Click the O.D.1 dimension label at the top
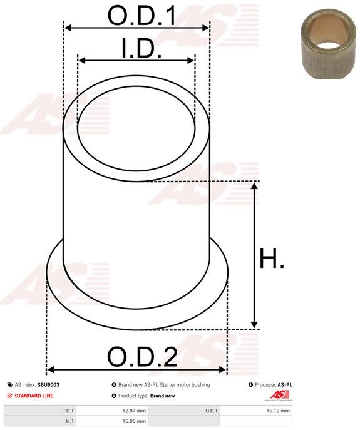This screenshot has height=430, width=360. (x=142, y=16)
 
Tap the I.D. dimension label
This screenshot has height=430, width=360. (x=141, y=48)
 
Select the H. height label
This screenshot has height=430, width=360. (x=272, y=258)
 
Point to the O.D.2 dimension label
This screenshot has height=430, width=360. (x=142, y=357)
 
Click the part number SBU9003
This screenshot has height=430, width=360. (x=48, y=385)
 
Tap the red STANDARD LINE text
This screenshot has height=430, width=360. (x=34, y=396)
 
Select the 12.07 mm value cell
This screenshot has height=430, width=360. (x=112, y=411)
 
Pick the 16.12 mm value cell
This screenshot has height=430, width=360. (x=256, y=411)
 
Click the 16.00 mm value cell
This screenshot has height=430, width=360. (x=112, y=421)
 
